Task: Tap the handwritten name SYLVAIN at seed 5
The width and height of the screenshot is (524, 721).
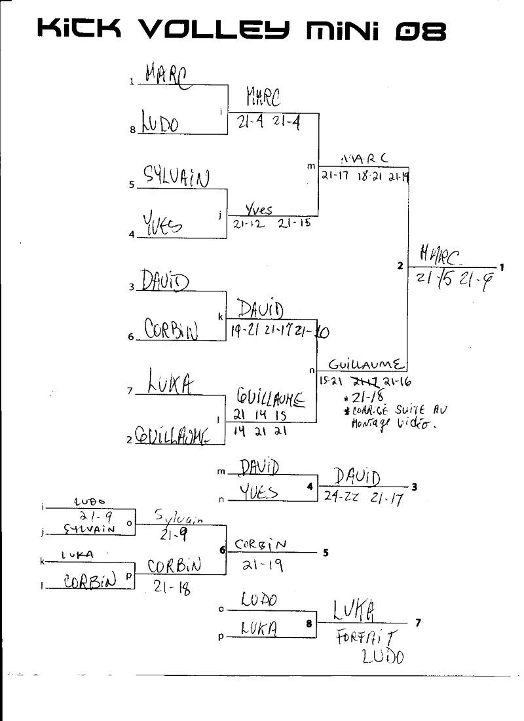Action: [177, 177]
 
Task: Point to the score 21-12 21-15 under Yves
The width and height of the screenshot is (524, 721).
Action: [271, 223]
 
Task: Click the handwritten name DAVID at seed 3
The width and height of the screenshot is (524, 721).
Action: [164, 281]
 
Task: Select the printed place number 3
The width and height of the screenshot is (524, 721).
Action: [415, 487]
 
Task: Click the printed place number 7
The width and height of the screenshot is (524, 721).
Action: [418, 622]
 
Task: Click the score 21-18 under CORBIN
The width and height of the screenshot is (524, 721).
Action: [172, 588]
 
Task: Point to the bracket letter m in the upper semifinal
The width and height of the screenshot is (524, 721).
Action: [311, 166]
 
